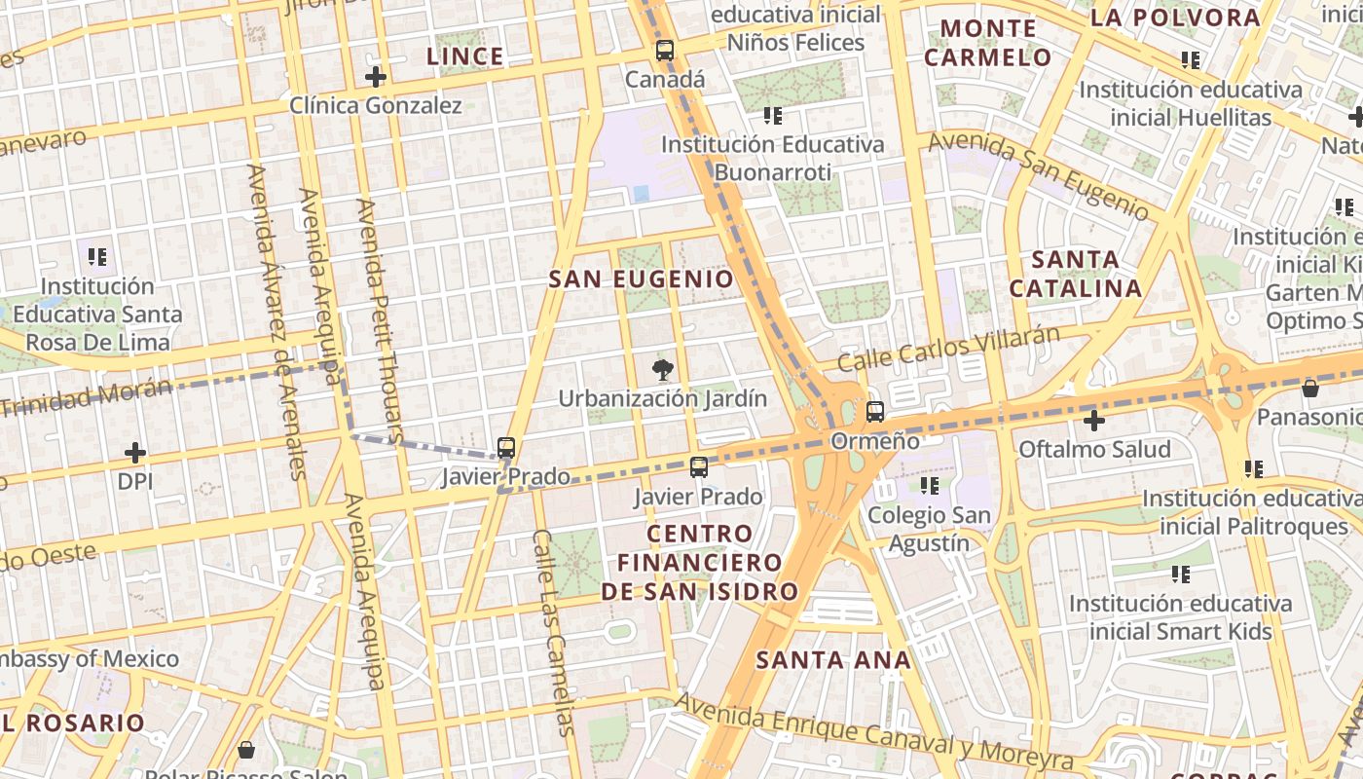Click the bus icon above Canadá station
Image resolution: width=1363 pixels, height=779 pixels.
tap(665, 52)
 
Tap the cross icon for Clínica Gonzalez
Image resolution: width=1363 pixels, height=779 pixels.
tap(376, 77)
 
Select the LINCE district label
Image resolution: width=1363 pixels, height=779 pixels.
tap(465, 56)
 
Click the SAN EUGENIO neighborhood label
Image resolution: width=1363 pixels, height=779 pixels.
tap(642, 279)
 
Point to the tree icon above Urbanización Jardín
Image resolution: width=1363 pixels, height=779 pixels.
tap(663, 370)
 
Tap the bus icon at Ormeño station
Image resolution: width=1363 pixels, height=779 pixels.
tap(875, 412)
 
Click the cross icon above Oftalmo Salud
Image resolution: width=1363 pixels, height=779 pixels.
tap(1094, 421)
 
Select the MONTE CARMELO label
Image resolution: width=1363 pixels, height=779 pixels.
tap(988, 43)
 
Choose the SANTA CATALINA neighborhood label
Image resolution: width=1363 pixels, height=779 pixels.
tap(1075, 274)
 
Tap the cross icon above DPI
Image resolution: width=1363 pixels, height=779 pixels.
tap(135, 453)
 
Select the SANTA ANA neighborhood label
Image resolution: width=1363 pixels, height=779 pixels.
tap(833, 660)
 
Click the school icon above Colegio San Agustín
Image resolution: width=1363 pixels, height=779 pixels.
tap(930, 485)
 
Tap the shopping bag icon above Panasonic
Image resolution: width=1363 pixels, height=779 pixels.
tap(1309, 388)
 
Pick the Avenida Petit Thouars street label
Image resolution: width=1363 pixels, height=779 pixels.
tap(379, 321)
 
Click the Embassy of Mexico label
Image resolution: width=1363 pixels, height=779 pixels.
tap(89, 659)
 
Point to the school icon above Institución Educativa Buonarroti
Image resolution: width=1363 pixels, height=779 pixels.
tap(773, 116)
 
